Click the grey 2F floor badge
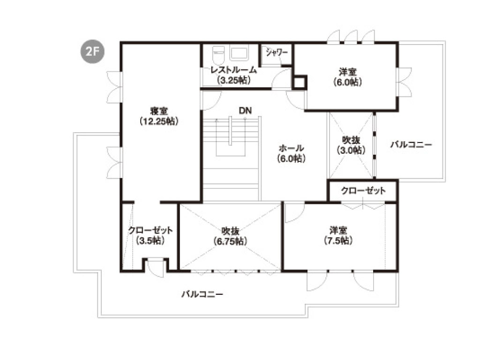tap(92, 52)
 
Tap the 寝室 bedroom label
tap(159, 111)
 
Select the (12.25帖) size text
tap(159, 121)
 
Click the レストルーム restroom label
tap(234, 70)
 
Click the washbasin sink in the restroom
tap(239, 53)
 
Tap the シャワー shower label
tap(277, 52)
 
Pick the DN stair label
tap(245, 111)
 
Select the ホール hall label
tap(291, 149)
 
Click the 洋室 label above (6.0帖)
tap(348, 72)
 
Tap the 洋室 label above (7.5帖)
tap(338, 230)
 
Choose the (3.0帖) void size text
tap(351, 150)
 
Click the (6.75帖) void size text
tap(230, 241)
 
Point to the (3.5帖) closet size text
tap(150, 240)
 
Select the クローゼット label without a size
tap(363, 191)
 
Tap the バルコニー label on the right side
tap(411, 144)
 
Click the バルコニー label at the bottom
tap(202, 294)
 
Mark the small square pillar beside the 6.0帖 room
tap(300, 82)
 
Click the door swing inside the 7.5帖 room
tap(294, 212)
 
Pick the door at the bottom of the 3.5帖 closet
tap(156, 268)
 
